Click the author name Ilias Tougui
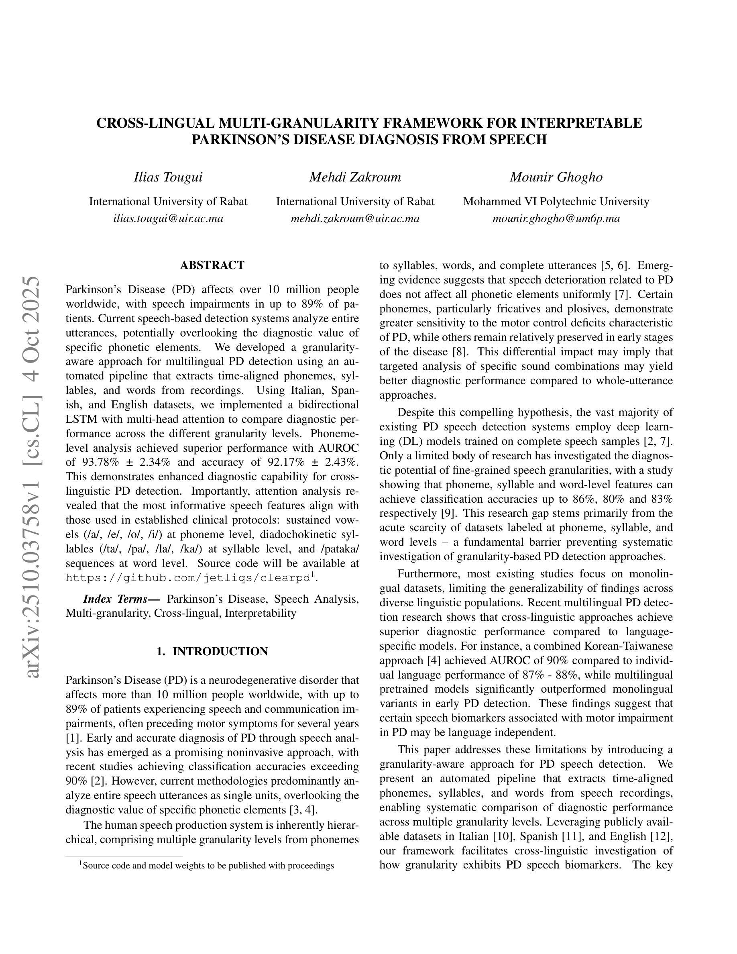(x=168, y=177)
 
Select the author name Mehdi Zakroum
(x=355, y=177)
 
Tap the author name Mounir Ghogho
(x=556, y=177)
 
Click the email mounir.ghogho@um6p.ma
(x=556, y=218)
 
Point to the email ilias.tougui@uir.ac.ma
(x=168, y=218)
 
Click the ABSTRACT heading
(x=212, y=265)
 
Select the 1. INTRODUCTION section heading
(x=212, y=651)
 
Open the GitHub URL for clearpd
(x=188, y=578)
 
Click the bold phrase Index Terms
(x=121, y=599)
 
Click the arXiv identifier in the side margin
(x=33, y=476)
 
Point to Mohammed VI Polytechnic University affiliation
(x=556, y=202)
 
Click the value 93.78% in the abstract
(x=100, y=462)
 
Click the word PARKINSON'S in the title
(x=240, y=140)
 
